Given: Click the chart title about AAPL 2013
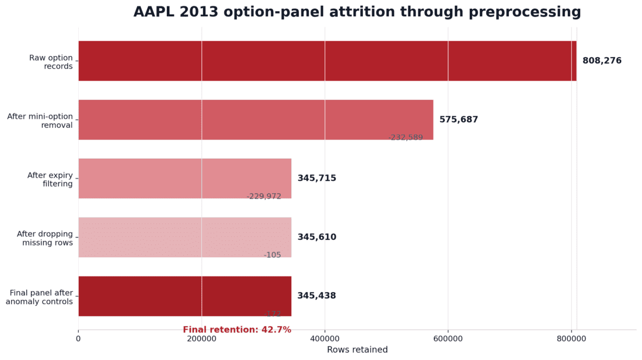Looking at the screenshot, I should click(357, 12).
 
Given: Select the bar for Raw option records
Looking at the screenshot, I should click(327, 61).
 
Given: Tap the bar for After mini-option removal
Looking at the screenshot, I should click(256, 120).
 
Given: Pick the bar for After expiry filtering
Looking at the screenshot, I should click(184, 179).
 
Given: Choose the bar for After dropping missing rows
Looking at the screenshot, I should click(184, 237).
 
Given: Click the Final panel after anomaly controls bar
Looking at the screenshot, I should click(184, 296).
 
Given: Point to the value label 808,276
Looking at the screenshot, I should click(602, 61).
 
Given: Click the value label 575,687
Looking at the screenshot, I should click(458, 120).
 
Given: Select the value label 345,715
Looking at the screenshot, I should click(316, 179).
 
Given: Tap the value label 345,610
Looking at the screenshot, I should click(316, 237).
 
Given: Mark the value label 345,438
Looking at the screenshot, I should click(316, 296).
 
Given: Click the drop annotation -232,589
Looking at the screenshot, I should click(405, 138).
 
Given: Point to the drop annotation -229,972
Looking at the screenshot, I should click(264, 197).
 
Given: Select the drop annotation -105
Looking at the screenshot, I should click(272, 256).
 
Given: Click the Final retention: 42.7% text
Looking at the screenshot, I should click(237, 330).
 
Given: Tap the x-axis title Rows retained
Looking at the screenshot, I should click(357, 350).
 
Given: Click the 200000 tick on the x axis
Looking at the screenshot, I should click(201, 338).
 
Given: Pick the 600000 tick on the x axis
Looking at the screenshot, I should click(448, 338).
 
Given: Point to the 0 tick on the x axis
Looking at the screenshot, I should click(78, 338).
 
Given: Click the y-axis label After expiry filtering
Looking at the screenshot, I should click(50, 180).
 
